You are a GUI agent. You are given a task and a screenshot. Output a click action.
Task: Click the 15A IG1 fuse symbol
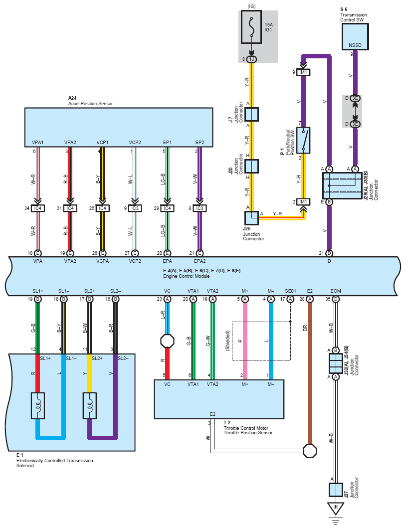coord(251,27)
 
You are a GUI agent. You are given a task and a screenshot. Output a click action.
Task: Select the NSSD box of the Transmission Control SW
coord(355,37)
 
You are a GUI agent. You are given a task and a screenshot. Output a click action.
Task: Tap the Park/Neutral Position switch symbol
coord(303,140)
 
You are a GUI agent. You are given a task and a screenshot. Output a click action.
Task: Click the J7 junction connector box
coord(251,114)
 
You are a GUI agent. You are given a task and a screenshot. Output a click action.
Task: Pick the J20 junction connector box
coord(251,167)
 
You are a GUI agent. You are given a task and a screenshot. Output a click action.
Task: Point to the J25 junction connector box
coord(251,218)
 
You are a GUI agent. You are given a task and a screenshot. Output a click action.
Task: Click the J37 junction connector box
coord(336,490)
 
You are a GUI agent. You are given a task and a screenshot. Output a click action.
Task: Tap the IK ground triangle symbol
coord(336,508)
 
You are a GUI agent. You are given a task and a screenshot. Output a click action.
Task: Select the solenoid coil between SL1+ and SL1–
coord(38,405)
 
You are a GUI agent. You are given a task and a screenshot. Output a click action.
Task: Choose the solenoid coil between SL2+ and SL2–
coord(90,405)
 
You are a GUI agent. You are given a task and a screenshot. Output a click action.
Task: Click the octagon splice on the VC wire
coord(167,341)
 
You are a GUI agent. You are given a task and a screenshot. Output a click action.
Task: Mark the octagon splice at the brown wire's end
coord(309,451)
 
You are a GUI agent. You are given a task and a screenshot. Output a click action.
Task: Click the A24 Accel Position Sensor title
coord(90,101)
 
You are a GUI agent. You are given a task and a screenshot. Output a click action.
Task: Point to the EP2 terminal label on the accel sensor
coord(200,143)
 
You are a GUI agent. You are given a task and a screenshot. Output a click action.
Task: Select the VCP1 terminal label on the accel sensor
coord(103,143)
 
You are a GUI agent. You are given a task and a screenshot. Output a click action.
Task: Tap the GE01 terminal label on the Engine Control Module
coord(290,291)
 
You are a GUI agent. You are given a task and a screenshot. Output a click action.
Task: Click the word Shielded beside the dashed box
coord(227,341)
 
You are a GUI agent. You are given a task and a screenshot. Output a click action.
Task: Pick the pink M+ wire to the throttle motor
coord(245,341)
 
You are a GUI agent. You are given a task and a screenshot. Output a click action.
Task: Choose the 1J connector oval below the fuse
coord(251,59)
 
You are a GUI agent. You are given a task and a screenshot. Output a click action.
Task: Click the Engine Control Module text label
coord(187,276)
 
